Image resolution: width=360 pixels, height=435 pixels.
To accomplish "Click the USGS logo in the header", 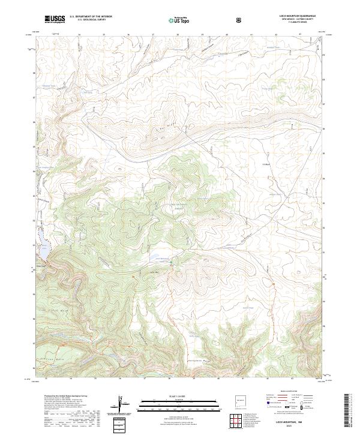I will click(x=55, y=19).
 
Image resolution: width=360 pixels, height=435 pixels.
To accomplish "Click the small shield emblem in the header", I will click(x=240, y=20).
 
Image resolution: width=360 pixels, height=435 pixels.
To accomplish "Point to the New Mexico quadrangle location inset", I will click(x=241, y=401).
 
